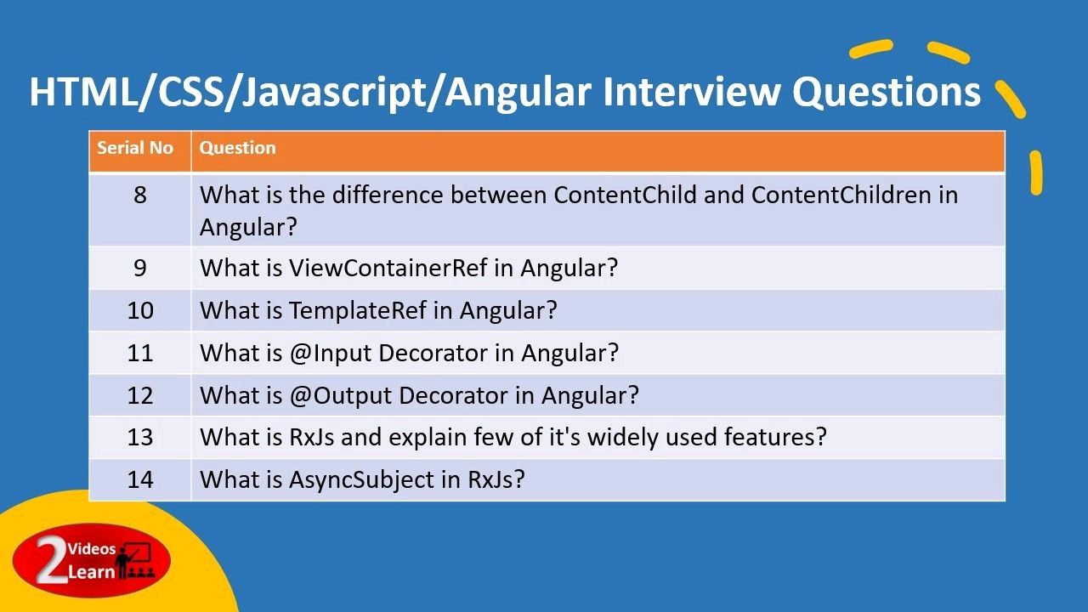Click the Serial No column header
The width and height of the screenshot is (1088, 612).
coord(135,148)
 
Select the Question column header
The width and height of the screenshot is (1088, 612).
coord(237,148)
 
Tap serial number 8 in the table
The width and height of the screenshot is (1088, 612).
coord(140,195)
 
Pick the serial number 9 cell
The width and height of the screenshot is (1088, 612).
coord(140,268)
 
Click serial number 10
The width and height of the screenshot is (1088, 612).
coord(140,310)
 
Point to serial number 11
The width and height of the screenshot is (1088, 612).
coord(140,353)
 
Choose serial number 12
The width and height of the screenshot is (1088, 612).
coord(140,395)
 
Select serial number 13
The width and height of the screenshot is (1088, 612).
coord(140,437)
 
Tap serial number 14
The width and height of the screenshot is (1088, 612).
coord(140,479)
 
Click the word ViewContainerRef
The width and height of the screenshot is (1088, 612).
coord(388,268)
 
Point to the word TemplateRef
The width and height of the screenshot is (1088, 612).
coord(358,310)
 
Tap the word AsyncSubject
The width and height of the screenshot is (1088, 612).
coord(361,480)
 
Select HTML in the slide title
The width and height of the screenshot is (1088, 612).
coord(83,92)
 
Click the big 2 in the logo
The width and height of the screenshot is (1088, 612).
coord(50,558)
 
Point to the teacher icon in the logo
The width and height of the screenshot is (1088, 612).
coord(134,560)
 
